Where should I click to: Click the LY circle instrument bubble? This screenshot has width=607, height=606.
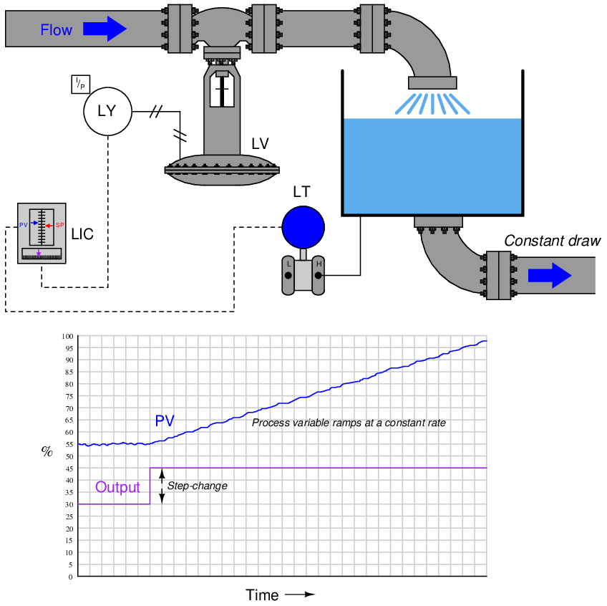(108, 112)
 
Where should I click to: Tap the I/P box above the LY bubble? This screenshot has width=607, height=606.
(81, 84)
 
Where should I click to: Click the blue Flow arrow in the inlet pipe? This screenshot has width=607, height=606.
(105, 29)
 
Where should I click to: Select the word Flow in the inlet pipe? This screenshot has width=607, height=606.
(56, 30)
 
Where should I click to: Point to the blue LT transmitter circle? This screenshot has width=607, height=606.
(303, 226)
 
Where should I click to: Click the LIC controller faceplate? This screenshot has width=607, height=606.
(42, 234)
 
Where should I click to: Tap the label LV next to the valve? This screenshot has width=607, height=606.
(260, 143)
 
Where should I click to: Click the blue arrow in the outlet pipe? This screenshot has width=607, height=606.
(550, 276)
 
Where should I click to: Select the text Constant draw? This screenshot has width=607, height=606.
(552, 241)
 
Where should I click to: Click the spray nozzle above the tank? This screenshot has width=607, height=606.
(432, 83)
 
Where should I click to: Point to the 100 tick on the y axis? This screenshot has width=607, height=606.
(67, 336)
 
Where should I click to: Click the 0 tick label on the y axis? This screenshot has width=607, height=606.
(70, 577)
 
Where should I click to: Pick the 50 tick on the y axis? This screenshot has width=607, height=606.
(69, 456)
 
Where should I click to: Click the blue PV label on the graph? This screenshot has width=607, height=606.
(165, 421)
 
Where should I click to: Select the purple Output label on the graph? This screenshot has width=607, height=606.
(117, 488)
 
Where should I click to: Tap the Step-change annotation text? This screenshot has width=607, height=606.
(197, 486)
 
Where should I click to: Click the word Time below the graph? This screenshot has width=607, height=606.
(262, 595)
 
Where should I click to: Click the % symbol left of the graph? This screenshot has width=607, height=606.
(47, 451)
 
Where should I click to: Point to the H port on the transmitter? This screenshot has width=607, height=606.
(319, 264)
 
